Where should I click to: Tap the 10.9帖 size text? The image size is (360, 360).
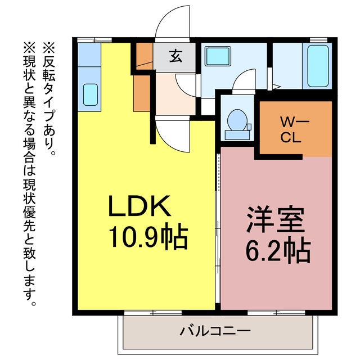coord(148,237)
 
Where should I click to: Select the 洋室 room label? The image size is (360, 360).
coord(276,219)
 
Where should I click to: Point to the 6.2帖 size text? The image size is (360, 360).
coord(278,251)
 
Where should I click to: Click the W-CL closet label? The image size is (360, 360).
coord(291,130)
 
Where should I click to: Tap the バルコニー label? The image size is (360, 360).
coord(215,331)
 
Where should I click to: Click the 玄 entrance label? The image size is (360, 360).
coord(176,56)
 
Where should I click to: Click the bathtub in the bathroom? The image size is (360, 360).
coord(318,66)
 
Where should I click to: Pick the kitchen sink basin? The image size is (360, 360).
coord(90,94)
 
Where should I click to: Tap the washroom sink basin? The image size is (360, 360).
coord(218,56)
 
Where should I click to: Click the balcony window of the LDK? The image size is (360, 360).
coord(153,312)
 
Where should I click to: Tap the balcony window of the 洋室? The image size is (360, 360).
coord(276,312)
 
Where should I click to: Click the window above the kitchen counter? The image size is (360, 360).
coord(94,40)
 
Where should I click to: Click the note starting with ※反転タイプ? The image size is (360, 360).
coord(49,99)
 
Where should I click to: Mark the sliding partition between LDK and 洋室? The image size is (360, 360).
coord(218,228)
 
